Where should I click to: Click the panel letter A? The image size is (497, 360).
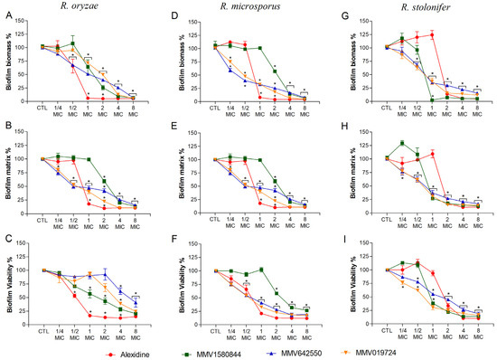tap(6, 15)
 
